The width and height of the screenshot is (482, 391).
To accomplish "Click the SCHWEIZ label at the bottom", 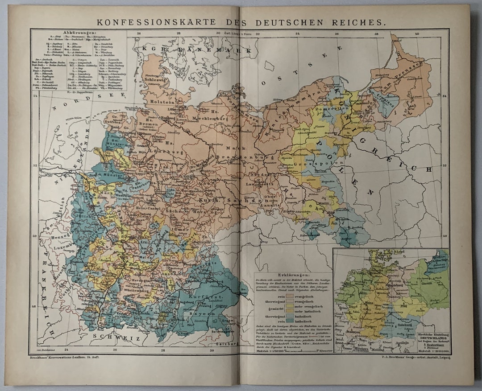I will [110, 338].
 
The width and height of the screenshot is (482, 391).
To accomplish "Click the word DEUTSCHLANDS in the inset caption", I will [432, 338].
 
